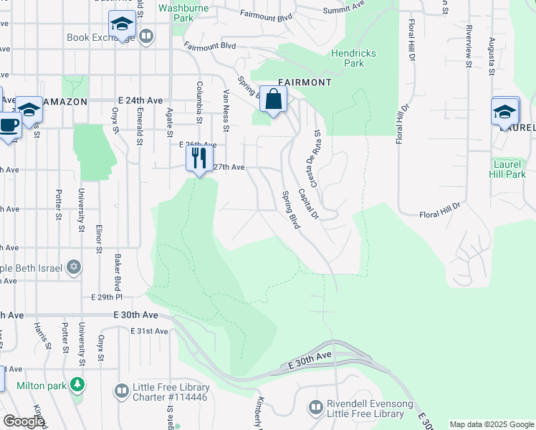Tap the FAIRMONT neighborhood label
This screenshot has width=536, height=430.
304,82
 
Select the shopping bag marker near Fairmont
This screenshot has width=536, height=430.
274,100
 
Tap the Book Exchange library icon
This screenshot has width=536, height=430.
146,37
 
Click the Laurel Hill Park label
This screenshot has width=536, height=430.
509,168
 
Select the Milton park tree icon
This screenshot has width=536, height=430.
77,386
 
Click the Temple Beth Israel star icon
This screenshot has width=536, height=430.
73,267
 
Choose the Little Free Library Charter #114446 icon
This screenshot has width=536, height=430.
121,391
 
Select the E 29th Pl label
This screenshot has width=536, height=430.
107,297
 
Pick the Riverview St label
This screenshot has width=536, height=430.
467,47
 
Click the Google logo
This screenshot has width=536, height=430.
24,421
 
